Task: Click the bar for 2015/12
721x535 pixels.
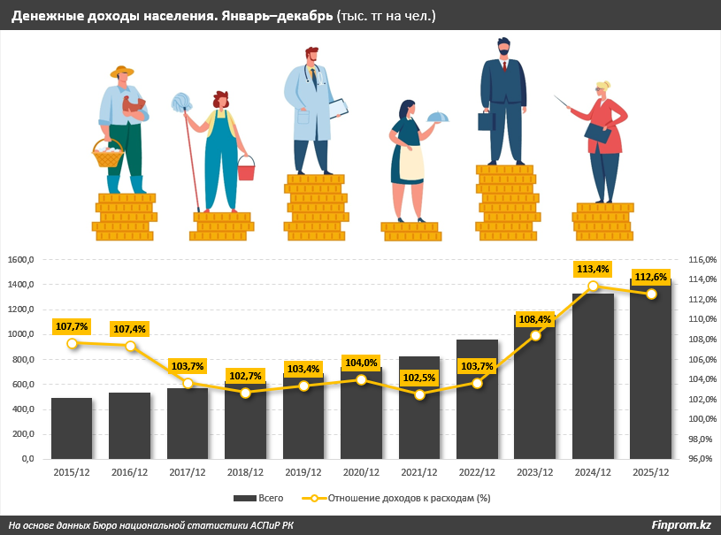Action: (x=72, y=429)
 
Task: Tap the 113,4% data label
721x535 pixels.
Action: (x=593, y=269)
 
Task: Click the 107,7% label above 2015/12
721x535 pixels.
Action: (x=72, y=326)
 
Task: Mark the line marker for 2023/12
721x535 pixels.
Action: (x=535, y=336)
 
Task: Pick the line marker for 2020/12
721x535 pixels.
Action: (x=361, y=379)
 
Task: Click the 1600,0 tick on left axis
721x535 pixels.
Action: (x=20, y=260)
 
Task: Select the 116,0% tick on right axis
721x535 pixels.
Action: (x=700, y=260)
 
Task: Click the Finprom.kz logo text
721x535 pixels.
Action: (x=680, y=525)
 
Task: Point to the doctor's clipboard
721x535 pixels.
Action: (x=338, y=109)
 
